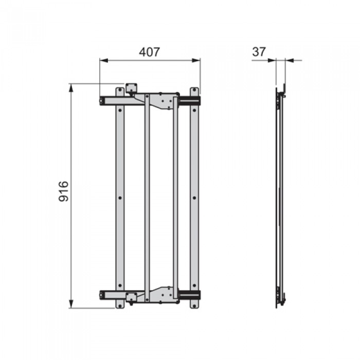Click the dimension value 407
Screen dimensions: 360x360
tap(149, 52)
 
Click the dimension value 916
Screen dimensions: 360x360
tap(64, 191)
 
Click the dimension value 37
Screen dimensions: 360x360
tap(259, 52)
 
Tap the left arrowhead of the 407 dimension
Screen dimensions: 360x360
tap(104, 60)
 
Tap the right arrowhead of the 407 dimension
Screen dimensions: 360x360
tap(196, 60)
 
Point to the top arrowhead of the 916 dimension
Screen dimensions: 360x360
tap(71, 88)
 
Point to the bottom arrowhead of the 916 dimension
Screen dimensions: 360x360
tap(71, 304)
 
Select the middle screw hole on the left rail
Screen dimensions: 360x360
tap(120, 197)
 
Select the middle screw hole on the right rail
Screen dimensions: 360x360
tap(194, 197)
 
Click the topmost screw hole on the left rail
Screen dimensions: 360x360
tap(120, 90)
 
